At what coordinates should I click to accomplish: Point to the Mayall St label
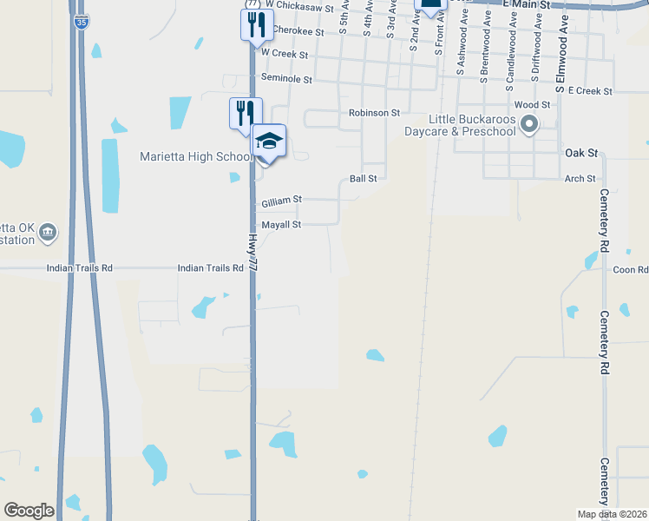coord(281,225)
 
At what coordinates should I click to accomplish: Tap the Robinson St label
coord(374,113)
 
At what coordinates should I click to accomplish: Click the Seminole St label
coord(287,78)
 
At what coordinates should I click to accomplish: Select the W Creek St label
coord(285,54)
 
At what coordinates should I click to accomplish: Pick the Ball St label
coord(363,178)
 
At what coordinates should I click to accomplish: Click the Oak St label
coord(581,153)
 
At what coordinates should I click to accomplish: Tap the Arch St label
coord(580,179)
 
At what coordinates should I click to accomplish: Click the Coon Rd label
coord(631,270)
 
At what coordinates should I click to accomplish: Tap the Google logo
coord(29,511)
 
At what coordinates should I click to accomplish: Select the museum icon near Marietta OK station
coord(49,232)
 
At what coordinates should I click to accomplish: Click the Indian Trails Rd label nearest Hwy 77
coord(210,269)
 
